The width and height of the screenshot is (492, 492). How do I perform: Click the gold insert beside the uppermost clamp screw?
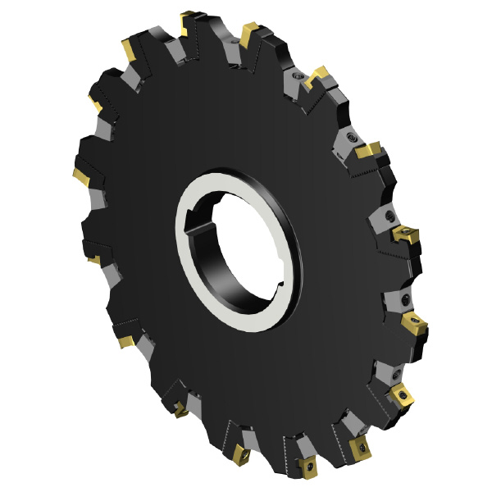(x=317, y=76)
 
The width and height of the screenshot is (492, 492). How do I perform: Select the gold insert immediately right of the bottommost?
(x=358, y=448)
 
